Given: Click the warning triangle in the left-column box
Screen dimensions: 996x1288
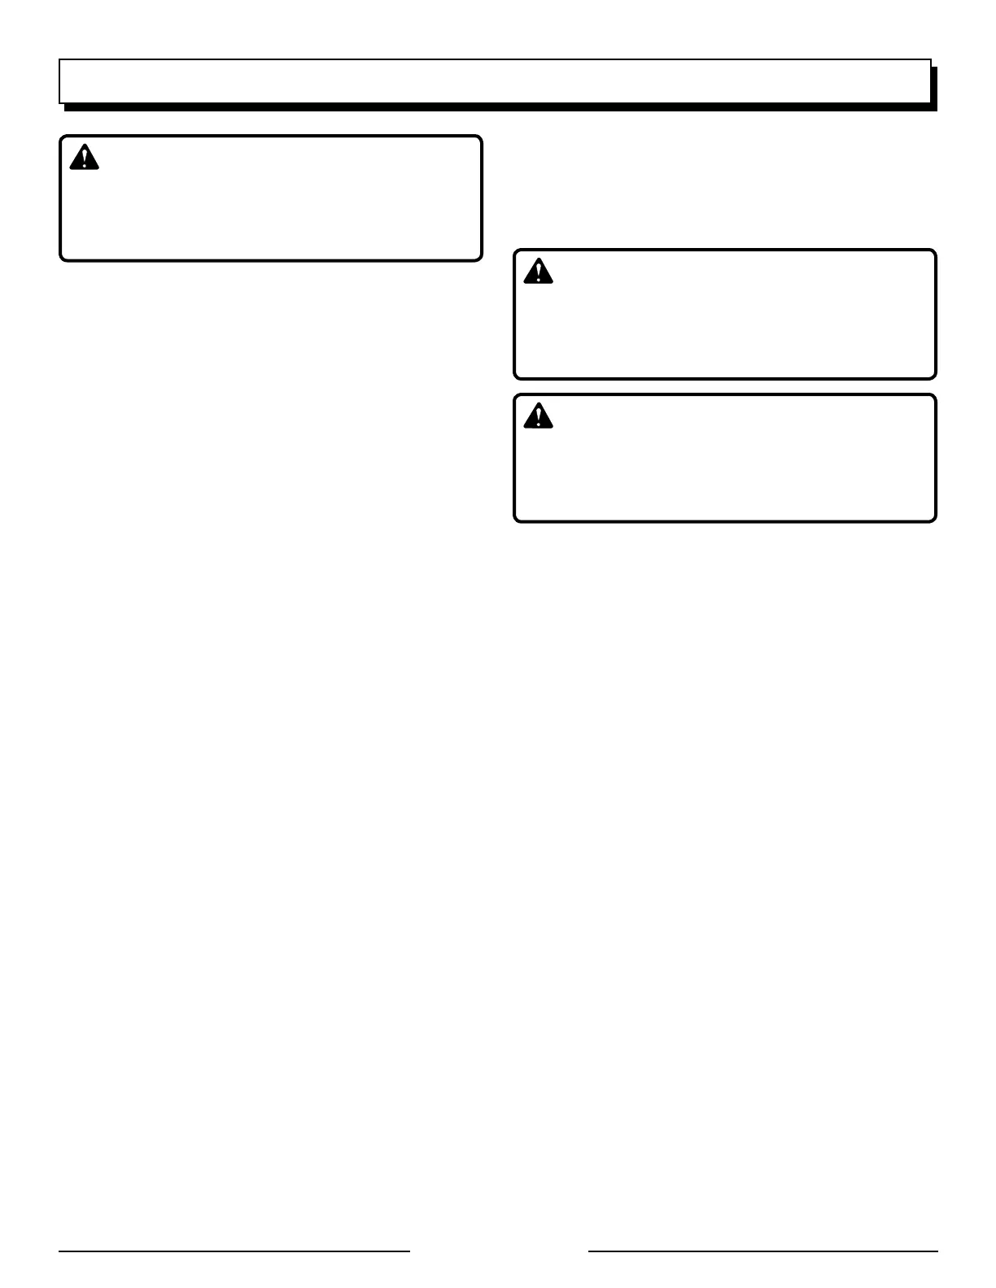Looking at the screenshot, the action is (84, 158).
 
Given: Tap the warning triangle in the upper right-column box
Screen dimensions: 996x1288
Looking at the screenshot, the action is (538, 272).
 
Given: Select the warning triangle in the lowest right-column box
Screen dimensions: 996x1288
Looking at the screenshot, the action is (538, 416).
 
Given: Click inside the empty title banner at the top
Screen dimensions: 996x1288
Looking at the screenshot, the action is (495, 80).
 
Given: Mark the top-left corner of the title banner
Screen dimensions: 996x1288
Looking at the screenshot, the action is (59, 59).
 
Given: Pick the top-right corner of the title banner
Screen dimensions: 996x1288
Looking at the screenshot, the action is (930, 59).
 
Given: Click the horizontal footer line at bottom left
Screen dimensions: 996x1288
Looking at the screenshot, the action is (234, 1251).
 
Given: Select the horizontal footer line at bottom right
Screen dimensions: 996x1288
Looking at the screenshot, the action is (762, 1251).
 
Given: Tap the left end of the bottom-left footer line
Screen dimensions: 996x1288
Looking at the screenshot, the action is (59, 1251).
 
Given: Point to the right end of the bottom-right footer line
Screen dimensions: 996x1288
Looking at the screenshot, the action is (937, 1251).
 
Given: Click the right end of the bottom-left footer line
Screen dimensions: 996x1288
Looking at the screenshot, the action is (409, 1251).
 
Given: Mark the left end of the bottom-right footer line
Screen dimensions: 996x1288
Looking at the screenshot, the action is (589, 1251).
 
